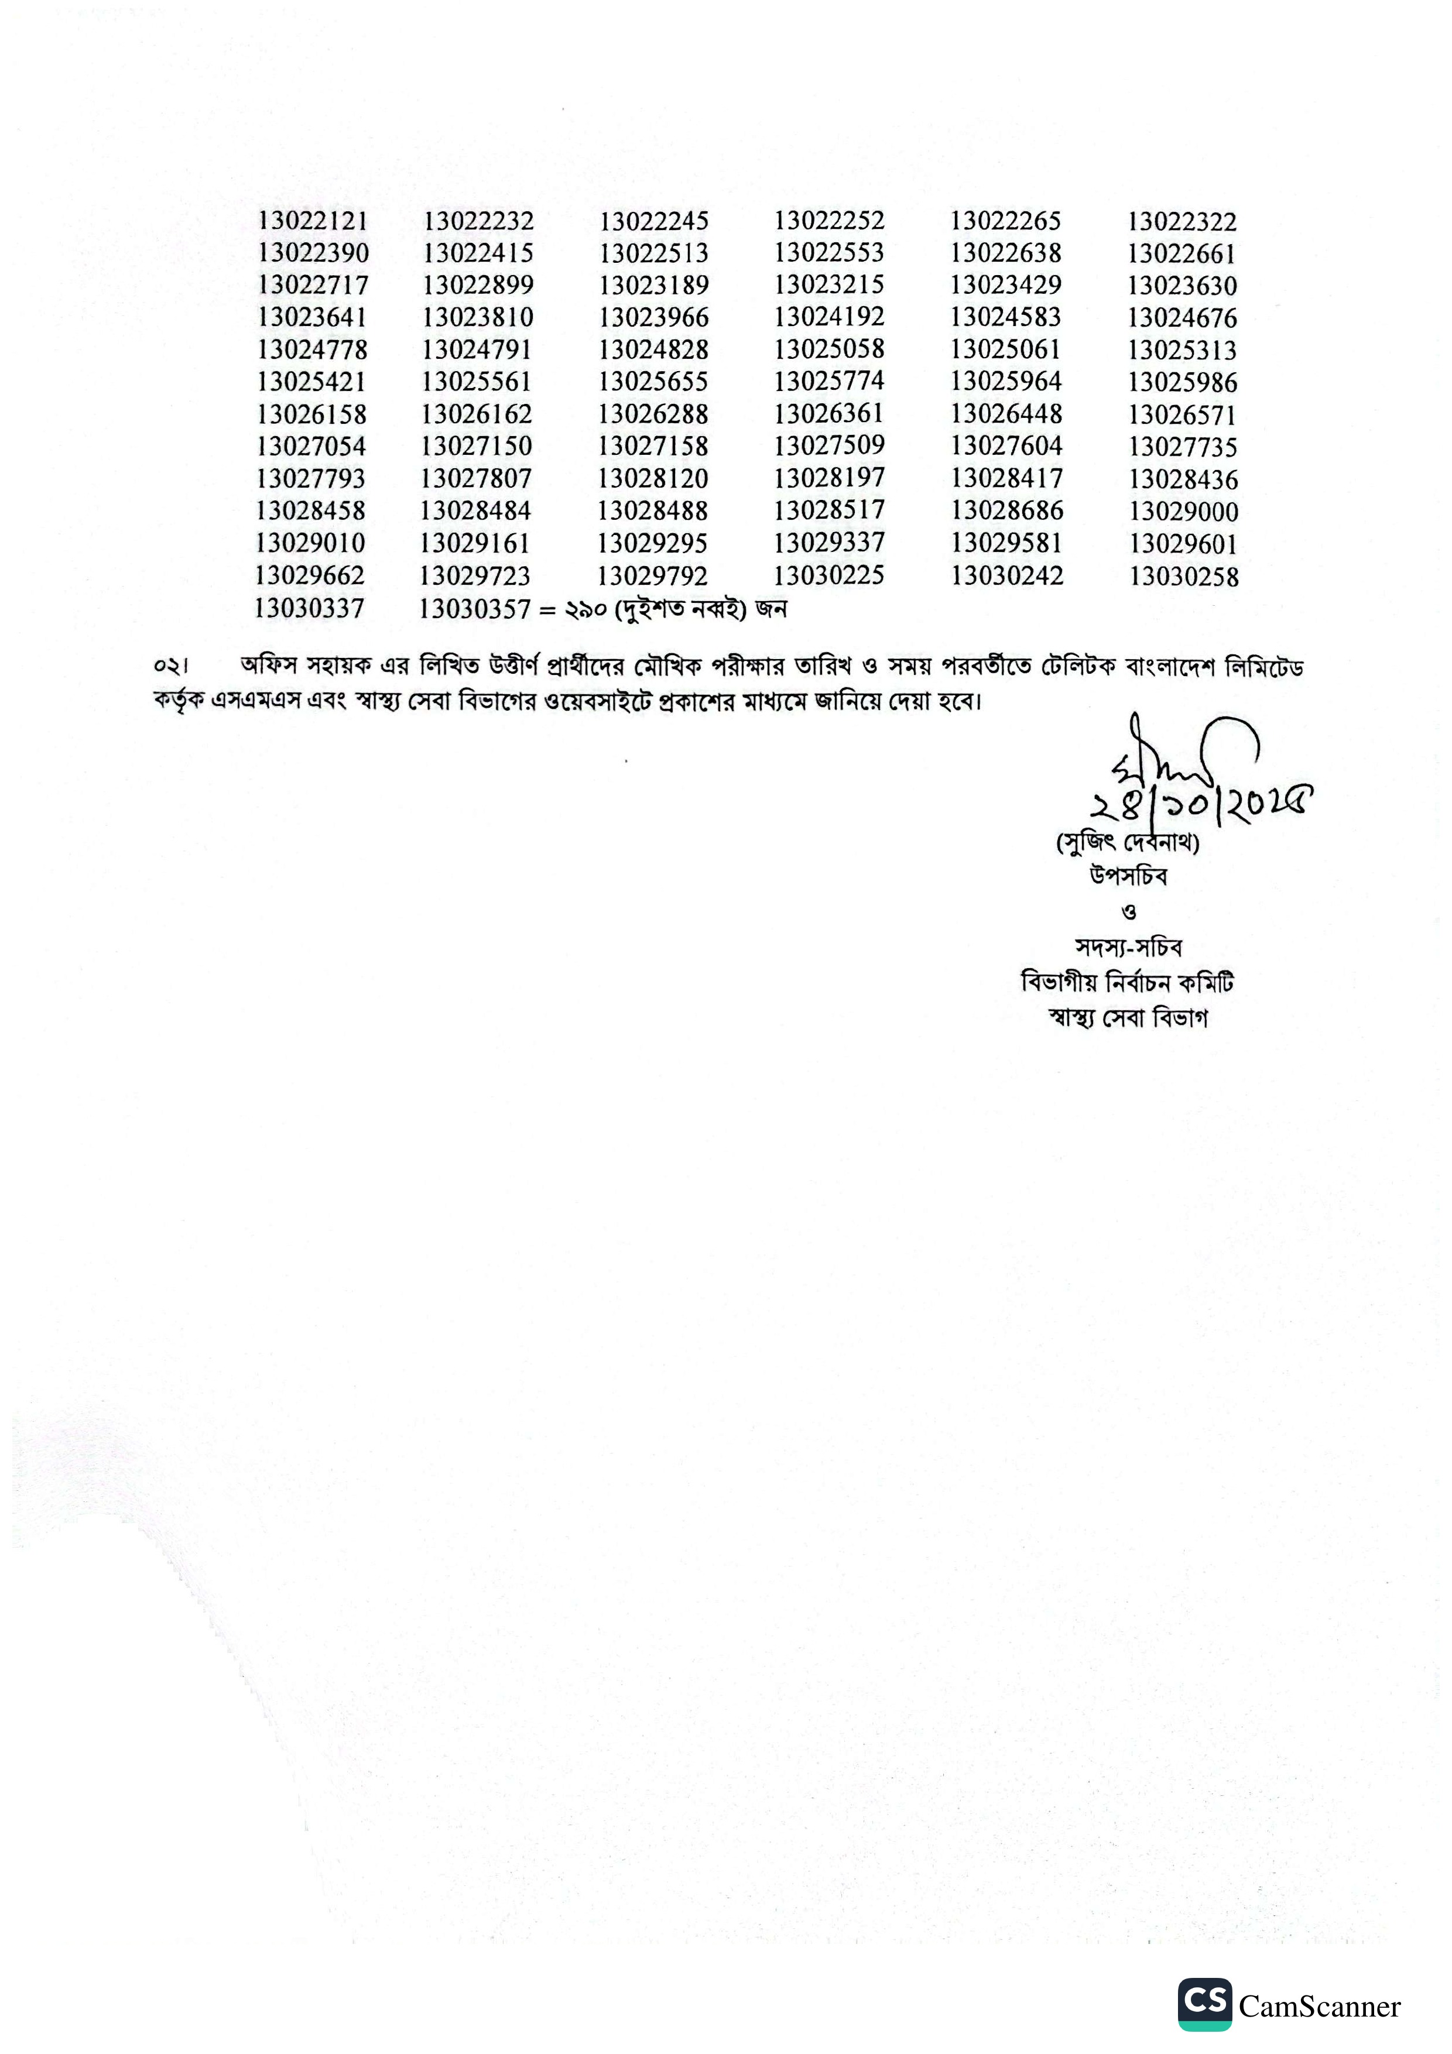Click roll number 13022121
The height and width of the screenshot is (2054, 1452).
312,221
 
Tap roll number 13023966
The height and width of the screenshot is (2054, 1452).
654,318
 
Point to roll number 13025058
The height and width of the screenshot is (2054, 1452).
829,349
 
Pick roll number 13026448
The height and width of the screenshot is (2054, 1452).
1006,413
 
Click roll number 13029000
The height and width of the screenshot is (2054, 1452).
1184,512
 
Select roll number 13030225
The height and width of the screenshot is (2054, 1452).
829,575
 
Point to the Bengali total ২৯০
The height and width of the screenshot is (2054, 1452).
585,610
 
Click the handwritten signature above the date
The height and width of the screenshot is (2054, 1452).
1181,756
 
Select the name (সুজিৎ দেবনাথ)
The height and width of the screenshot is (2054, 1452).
1127,842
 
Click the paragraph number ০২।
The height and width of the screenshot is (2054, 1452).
170,667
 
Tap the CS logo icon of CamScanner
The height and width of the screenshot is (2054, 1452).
1204,2004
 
